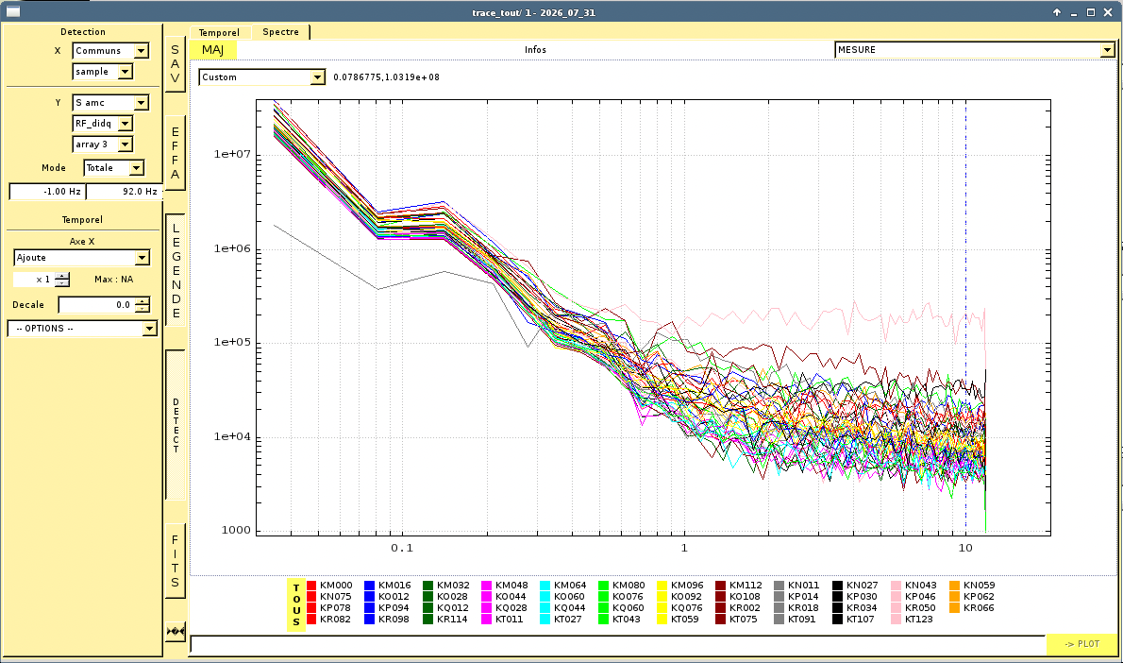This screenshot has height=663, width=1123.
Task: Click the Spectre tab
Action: (281, 32)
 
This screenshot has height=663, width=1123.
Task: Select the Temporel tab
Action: (219, 33)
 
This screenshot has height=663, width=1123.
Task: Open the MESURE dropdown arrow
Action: (1107, 49)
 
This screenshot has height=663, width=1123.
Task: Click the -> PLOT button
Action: (1081, 644)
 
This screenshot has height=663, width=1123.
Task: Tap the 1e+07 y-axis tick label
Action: (232, 154)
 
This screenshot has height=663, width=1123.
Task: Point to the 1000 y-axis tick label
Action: (236, 531)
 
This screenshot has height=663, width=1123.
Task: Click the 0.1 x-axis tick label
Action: (402, 549)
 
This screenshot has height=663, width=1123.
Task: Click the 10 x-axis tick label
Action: (965, 549)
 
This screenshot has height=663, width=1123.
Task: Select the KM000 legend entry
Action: (329, 586)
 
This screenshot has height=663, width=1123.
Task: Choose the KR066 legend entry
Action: (972, 608)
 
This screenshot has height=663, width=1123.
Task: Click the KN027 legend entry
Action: (855, 586)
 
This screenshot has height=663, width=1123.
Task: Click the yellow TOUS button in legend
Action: (296, 605)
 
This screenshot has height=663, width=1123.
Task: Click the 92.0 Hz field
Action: (125, 192)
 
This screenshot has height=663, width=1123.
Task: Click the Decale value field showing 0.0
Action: (97, 305)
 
